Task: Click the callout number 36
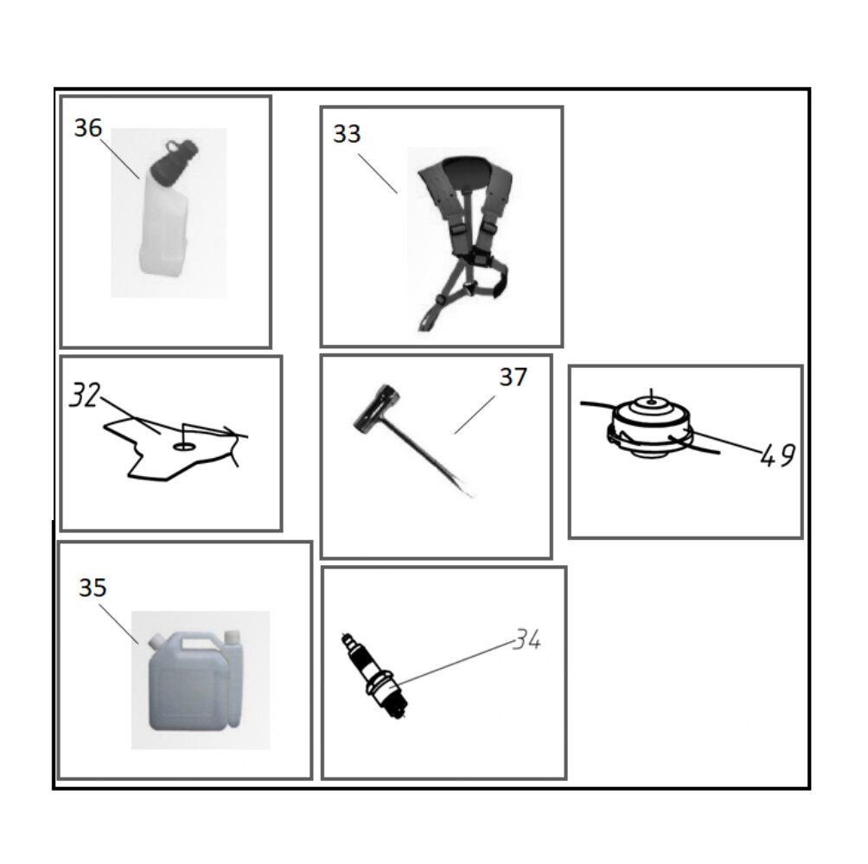pos(88,128)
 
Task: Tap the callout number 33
pos(347,133)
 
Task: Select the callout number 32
pos(85,395)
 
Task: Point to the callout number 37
pos(514,377)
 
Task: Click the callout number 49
pos(778,455)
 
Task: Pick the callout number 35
pos(93,588)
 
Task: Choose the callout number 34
pos(527,639)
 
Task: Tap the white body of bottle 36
pos(164,226)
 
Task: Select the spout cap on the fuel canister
pos(156,640)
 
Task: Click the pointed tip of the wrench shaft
pos(472,495)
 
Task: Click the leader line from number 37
pos(475,415)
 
